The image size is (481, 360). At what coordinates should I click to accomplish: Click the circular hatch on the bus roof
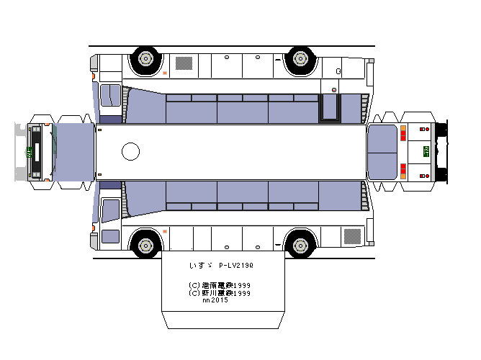131,151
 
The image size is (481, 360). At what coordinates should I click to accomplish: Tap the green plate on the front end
30,151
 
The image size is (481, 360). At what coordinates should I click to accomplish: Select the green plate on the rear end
425,151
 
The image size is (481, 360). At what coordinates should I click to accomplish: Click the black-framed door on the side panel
330,108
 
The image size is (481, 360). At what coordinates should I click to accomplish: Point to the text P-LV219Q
235,265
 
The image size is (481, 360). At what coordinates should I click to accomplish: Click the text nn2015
215,300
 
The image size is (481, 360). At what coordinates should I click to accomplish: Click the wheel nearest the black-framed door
300,58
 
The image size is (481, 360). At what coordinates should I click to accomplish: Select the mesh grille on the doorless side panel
353,235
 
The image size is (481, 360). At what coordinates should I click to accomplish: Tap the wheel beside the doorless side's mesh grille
300,243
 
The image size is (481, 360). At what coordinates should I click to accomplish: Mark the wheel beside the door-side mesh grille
146,58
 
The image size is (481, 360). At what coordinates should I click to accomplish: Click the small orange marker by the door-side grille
166,73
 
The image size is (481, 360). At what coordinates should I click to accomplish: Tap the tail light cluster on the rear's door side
403,133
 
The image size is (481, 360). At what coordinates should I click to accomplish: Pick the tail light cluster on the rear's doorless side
403,171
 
